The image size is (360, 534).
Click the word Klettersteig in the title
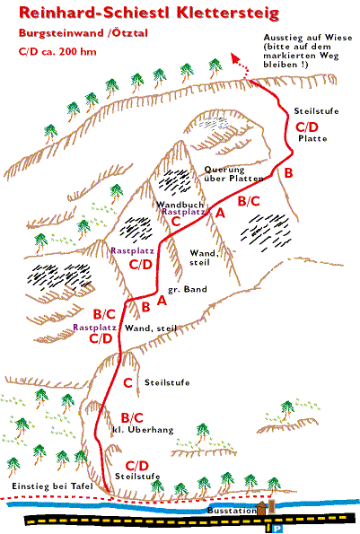[227, 13]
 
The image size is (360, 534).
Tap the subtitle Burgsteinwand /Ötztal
[83, 33]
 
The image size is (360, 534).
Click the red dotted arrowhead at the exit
[235, 57]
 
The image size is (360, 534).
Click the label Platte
[312, 138]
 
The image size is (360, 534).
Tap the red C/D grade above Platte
[307, 127]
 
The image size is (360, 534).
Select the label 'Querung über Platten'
[233, 174]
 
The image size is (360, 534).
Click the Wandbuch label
[180, 205]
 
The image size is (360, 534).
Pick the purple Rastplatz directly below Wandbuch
[183, 212]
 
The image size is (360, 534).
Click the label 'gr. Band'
[188, 290]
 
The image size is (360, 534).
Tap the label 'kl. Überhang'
[143, 430]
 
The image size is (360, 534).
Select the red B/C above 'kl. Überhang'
[132, 418]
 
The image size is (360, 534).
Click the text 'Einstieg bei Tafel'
[53, 486]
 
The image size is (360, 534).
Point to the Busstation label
[232, 511]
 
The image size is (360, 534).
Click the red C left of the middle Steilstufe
[127, 383]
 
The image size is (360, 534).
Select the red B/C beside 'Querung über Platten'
[249, 201]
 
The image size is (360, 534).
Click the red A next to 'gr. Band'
[162, 301]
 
